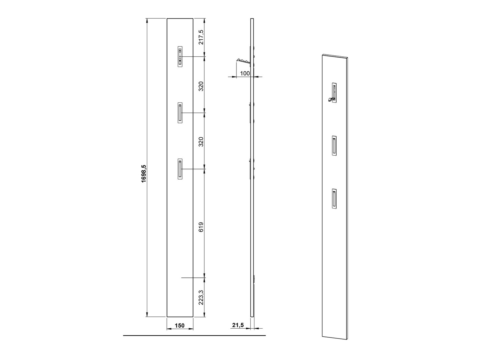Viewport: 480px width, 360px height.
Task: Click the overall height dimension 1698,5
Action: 144,174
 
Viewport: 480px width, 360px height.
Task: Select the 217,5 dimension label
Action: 201,37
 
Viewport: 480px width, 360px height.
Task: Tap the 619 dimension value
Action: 201,227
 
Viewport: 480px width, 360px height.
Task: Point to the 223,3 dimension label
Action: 201,297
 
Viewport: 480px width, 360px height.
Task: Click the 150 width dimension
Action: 180,331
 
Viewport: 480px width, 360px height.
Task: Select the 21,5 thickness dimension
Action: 238,331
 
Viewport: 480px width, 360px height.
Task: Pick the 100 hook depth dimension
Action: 245,73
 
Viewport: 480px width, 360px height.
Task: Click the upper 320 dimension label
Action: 201,86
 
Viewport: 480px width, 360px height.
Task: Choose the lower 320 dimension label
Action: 201,142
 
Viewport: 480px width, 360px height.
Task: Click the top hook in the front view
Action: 180,56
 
